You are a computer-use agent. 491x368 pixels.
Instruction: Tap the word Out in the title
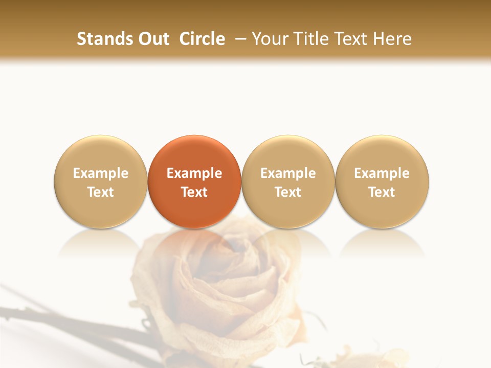coord(153,39)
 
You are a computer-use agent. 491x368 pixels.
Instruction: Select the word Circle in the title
coord(202,39)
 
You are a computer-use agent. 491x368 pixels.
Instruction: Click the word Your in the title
coord(269,39)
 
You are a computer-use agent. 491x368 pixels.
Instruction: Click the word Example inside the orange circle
coord(194,173)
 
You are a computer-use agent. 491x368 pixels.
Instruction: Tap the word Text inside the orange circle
coord(194,192)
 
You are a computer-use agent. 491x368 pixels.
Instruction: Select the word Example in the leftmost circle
coord(101,173)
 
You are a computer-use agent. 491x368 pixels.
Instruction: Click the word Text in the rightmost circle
coord(382,192)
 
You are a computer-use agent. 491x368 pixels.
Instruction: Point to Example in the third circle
coord(288,173)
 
